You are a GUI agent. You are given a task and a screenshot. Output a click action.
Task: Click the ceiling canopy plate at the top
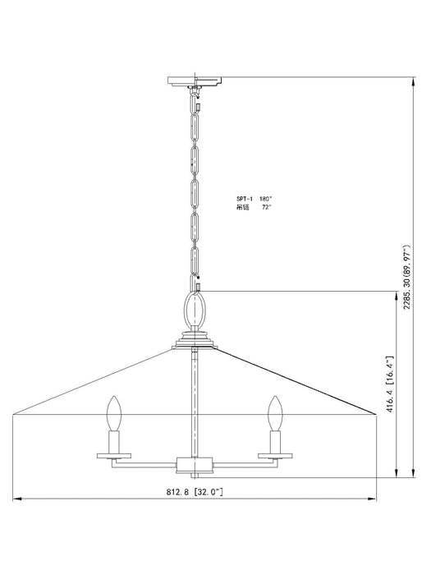click(195, 80)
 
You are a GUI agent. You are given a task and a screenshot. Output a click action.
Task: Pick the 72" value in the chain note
click(266, 208)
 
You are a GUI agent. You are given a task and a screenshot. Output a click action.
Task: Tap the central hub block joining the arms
click(195, 466)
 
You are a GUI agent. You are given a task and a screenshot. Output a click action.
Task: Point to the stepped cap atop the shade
click(195, 338)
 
